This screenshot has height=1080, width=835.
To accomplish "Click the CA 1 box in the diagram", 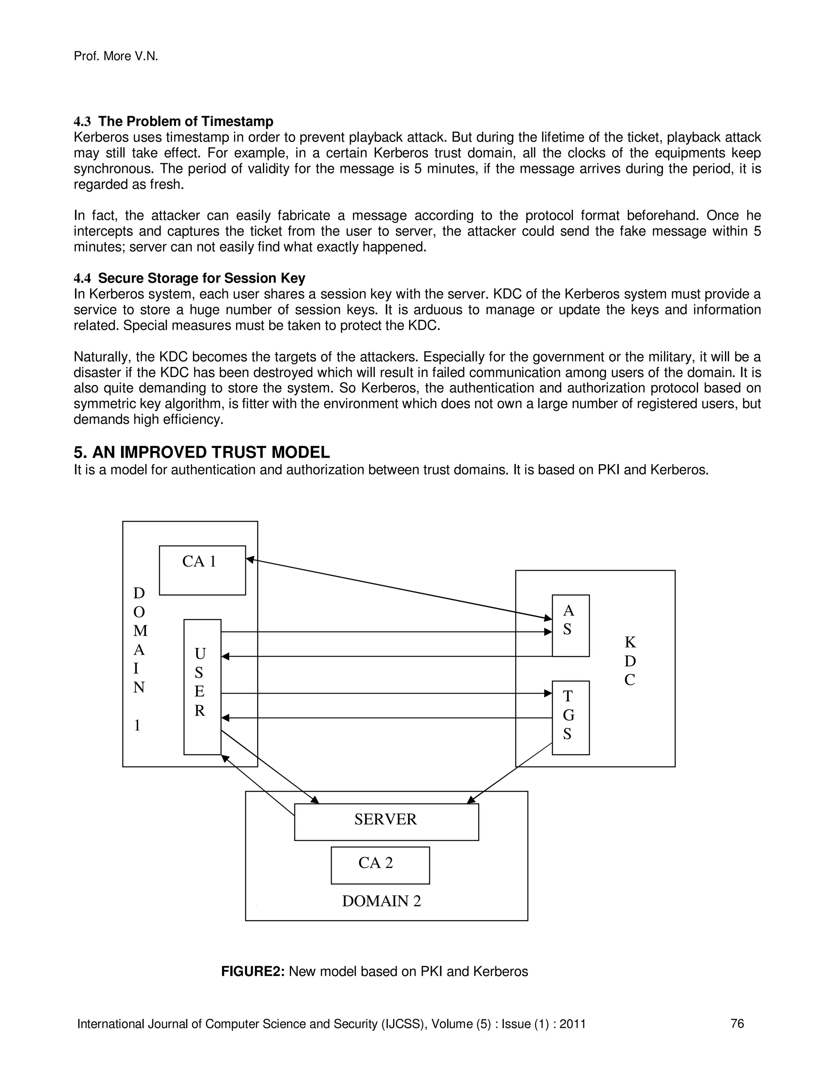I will coord(202,570).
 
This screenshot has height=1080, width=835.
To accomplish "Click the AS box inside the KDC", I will coord(570,626).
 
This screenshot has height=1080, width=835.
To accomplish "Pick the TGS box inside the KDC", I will coord(570,718).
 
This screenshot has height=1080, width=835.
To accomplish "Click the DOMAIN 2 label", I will coord(381,901).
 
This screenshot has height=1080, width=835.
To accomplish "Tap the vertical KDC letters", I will coord(629,661).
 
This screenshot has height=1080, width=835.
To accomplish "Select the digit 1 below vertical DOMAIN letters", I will coord(137,725).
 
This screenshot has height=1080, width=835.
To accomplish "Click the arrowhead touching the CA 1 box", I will coord(250,559).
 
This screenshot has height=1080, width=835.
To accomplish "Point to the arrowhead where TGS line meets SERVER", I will coord(471,800).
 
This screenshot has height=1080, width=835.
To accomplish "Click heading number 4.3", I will coord(82,121).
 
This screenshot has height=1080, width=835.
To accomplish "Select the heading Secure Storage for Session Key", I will coord(201,278).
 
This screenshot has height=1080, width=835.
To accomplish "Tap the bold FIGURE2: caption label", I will coord(252,971).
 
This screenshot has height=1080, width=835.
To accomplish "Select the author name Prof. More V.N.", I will coord(116,56).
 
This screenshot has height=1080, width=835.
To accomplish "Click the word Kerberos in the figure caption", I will coord(501,971).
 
